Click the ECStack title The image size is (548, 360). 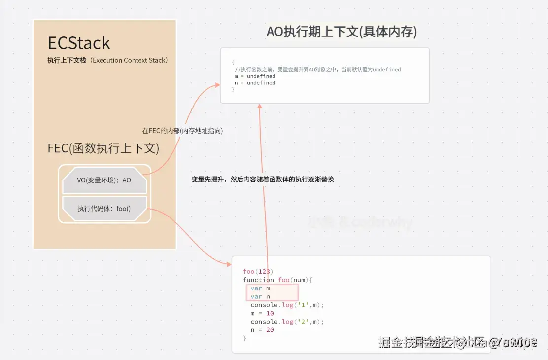point(79,43)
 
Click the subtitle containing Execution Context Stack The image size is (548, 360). point(107,60)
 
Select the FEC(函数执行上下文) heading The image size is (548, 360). point(103,148)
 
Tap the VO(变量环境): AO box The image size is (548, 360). point(104,180)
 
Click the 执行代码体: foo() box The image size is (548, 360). point(104,209)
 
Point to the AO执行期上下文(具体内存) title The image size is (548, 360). point(342,32)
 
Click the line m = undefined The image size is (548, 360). point(255,76)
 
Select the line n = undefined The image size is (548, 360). point(255,83)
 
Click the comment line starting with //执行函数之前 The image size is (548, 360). point(318,70)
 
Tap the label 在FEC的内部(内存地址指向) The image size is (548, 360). point(182,131)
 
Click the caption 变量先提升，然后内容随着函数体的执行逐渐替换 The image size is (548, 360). point(263,180)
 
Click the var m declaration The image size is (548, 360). point(260,288)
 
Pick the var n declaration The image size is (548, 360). point(260,296)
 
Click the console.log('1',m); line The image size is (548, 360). point(287,305)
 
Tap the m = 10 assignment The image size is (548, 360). point(262,313)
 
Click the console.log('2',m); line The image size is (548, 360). point(287,322)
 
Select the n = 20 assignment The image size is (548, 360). point(262,330)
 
